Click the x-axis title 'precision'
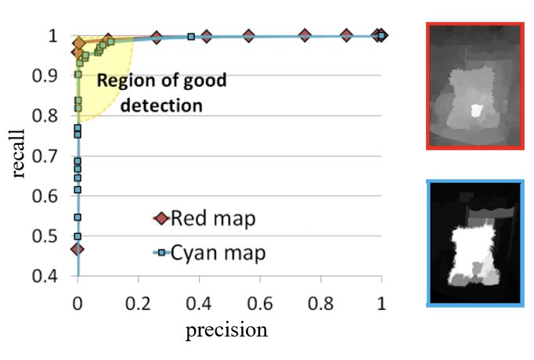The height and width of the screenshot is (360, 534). tap(226, 329)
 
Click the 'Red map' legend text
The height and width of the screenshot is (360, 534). tap(212, 218)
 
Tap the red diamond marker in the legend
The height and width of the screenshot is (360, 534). tap(161, 218)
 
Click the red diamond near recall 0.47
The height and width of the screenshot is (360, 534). tap(78, 249)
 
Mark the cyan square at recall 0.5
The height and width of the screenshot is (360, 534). tap(78, 236)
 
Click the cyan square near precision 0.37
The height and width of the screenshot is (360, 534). tap(191, 36)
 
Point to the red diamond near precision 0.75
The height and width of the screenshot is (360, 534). tap(305, 35)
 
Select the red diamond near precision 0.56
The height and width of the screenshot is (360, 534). tap(249, 35)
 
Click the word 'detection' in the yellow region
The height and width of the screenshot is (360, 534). tap(162, 103)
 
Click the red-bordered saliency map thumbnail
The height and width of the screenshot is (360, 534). tap(474, 85)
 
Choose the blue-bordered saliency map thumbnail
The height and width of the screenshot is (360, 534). tap(474, 243)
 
